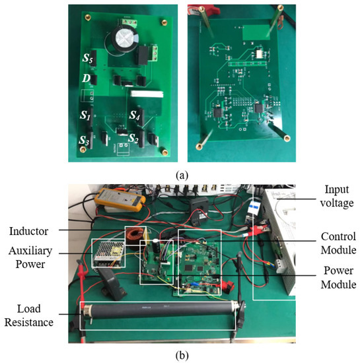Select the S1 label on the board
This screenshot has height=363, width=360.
[x=85, y=114]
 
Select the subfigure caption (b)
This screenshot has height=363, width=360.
[x=179, y=354]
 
